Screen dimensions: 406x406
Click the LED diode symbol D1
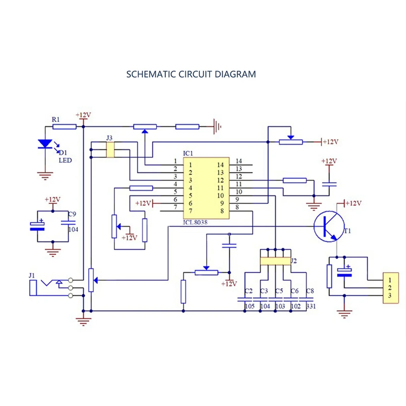45,144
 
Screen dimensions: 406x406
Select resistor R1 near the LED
64,127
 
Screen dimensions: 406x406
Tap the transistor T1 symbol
329,226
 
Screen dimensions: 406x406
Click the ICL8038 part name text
195,223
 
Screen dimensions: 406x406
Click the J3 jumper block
110,150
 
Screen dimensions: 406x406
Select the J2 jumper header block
275,261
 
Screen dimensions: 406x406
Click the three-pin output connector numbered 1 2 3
390,288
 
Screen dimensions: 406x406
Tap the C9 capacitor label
72,214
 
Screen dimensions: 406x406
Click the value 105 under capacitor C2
249,306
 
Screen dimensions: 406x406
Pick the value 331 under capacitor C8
311,306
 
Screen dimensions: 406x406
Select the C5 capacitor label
279,291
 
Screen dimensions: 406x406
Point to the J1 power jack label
32,276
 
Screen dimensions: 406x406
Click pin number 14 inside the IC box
220,165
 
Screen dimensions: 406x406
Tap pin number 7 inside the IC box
190,211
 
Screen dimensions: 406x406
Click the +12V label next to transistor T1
354,203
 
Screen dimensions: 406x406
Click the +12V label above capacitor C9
52,199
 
